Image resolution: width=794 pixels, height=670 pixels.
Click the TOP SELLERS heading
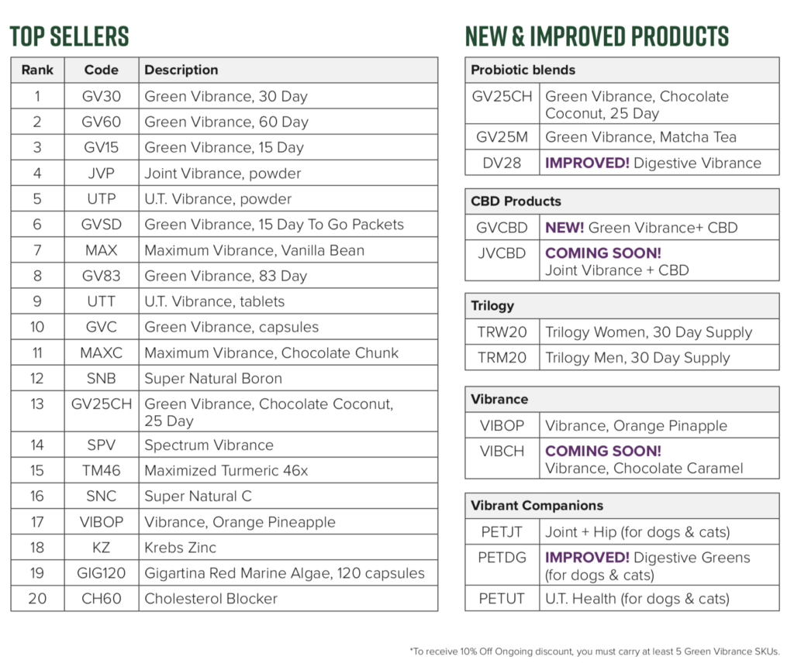69,36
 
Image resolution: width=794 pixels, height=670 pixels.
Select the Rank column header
37,70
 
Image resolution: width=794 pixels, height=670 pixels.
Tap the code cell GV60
102,122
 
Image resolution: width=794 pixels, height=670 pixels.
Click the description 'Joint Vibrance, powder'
223,174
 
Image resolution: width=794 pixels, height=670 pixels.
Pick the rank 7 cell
37,250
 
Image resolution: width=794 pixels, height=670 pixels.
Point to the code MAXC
102,353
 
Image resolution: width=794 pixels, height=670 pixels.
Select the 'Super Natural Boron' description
213,378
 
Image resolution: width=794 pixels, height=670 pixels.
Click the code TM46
102,471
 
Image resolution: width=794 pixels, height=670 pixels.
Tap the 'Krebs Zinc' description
180,548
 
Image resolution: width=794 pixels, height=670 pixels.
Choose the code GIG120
102,573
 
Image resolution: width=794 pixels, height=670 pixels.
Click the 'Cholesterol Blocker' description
211,599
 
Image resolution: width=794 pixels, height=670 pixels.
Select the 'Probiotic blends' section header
523,70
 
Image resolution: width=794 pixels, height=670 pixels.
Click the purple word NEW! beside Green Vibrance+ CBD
564,228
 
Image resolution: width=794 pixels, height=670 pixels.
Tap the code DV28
502,163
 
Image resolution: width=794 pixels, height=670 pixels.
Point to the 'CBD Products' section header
516,201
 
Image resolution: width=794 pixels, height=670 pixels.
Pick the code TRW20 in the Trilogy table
502,332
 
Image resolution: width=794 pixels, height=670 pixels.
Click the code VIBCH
502,451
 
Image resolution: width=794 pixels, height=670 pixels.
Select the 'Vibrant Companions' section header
537,506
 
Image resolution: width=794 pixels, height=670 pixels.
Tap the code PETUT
502,599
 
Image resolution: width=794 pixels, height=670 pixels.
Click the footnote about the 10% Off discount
595,651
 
